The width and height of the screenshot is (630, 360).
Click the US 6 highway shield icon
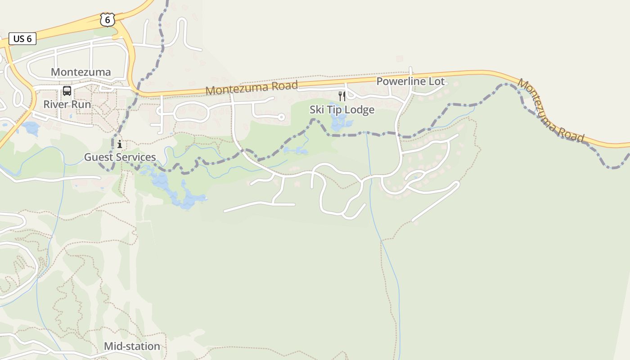coord(108,19)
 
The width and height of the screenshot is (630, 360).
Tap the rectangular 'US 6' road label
coord(22,39)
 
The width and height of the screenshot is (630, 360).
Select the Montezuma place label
coord(81,72)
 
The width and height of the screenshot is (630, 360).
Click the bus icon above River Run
coord(67,91)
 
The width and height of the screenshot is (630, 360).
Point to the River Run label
coord(67,104)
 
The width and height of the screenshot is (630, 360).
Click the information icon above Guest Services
coord(120,144)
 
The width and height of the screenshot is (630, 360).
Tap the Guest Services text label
coord(120,157)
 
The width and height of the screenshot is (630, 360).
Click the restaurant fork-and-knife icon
coord(342,96)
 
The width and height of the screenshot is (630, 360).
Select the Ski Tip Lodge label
coord(342,110)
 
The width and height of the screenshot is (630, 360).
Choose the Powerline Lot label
coord(410,81)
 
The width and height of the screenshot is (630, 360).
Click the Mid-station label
coord(132,346)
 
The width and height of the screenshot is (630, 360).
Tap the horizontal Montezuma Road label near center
coord(252,88)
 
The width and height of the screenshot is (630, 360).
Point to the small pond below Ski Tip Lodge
coord(339,121)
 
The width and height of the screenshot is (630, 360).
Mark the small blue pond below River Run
coord(31,128)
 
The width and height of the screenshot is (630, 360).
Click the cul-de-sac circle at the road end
coord(281,117)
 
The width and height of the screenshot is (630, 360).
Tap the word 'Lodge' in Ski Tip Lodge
coord(360,110)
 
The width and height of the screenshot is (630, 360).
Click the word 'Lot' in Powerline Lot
coord(437,81)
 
